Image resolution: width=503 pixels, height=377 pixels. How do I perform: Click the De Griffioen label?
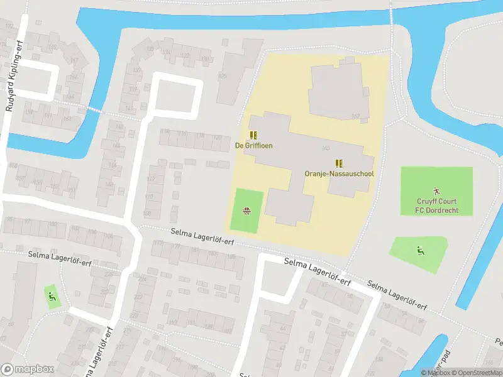tap(253, 145)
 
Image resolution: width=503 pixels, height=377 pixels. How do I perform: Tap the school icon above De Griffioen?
tap(253, 134)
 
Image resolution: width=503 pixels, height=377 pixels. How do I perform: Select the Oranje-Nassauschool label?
tap(339, 173)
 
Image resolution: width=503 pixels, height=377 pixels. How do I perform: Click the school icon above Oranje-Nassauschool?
tap(339, 162)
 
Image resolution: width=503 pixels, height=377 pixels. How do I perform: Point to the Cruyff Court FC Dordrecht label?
tap(436, 205)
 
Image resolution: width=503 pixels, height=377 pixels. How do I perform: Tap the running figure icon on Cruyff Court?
tap(436, 190)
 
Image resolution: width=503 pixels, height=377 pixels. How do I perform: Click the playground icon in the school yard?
tap(246, 210)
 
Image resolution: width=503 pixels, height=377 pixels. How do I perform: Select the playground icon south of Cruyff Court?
tap(419, 251)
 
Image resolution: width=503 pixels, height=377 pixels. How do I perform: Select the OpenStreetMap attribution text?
tap(473, 373)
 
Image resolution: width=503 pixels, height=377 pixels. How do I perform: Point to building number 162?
tap(355, 116)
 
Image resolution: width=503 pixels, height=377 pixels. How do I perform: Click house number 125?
tap(222, 76)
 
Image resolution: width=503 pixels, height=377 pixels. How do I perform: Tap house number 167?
tap(75, 61)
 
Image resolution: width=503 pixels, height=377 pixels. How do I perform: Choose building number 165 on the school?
tap(326, 148)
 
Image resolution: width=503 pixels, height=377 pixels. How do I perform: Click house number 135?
tap(150, 49)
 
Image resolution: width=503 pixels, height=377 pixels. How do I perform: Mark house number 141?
tap(129, 109)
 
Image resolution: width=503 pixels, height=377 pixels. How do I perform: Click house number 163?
tap(67, 118)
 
